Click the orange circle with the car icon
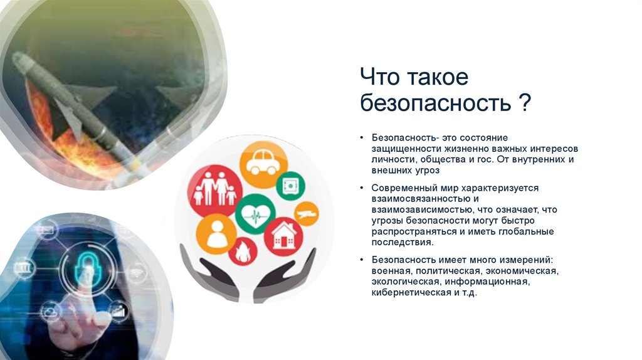click(263, 165)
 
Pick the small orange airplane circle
click(307, 214)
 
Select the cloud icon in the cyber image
click(51, 310)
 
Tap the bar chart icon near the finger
click(118, 310)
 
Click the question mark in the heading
click(524, 103)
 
